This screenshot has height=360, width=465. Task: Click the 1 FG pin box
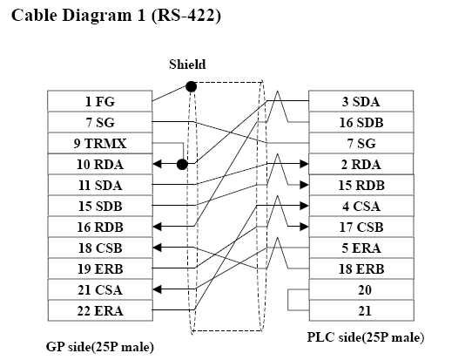coord(100,101)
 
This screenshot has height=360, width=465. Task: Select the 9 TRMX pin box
coord(100,143)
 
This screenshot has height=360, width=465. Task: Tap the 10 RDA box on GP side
coord(100,164)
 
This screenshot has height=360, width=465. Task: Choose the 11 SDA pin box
coord(100,185)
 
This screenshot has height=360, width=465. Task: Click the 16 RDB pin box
coord(100,227)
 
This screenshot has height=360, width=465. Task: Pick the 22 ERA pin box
coord(100,310)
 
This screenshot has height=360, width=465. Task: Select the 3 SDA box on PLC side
coord(361,101)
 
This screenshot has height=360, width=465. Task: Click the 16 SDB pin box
coord(361,122)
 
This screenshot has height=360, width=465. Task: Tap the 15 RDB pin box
coord(361,185)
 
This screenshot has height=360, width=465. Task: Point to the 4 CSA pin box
coord(361,206)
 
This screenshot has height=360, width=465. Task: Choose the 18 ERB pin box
coord(361,268)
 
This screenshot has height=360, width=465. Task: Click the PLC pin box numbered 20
coord(361,289)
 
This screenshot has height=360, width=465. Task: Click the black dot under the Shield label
coord(192,86)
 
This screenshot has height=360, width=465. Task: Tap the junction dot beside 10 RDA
coord(182,164)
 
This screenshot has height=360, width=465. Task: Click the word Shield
coord(187,65)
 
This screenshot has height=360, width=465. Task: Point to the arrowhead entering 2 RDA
coord(304,164)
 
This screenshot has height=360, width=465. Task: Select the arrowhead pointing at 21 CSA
coord(157,289)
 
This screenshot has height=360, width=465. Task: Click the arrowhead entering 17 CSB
coord(304,227)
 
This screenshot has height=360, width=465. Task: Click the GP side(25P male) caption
coord(100,347)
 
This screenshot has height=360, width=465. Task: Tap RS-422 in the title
coord(186,15)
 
